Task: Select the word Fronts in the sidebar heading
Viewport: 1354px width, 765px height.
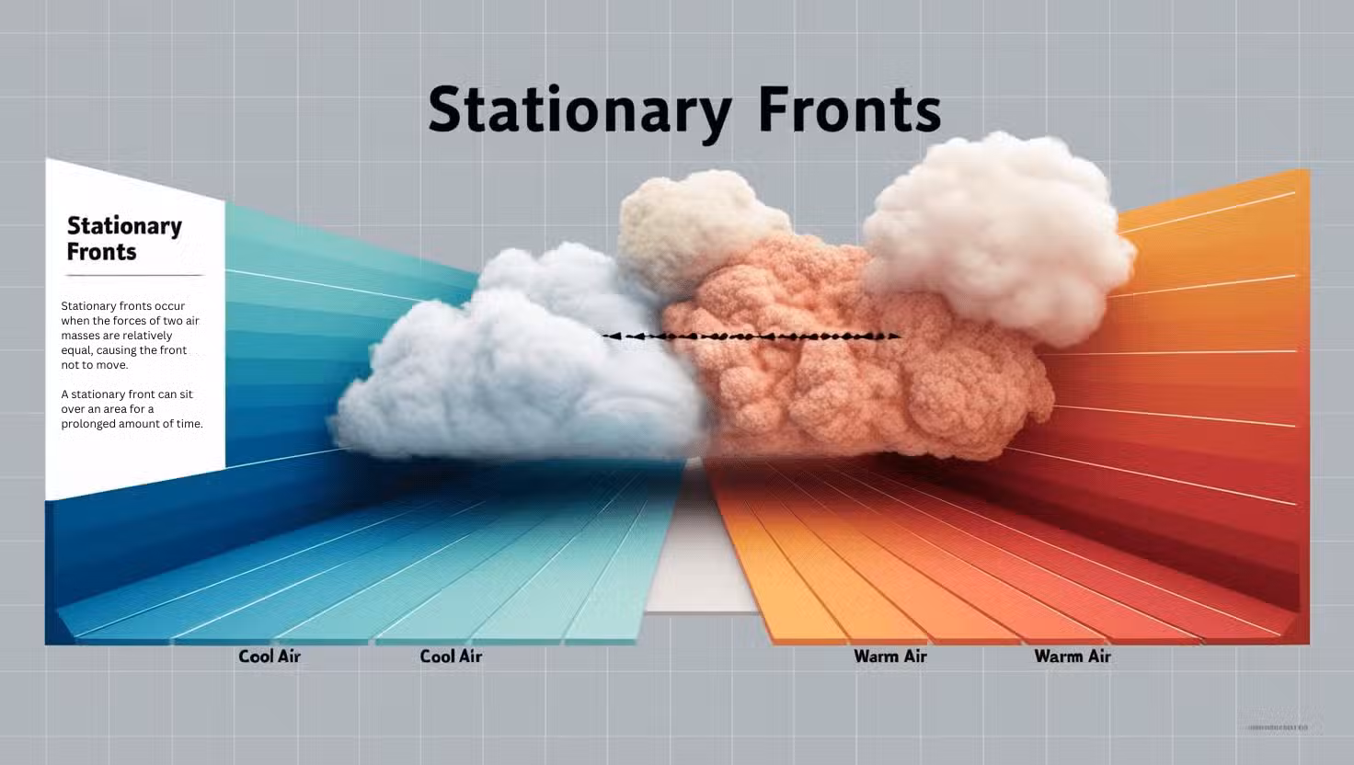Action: click(101, 252)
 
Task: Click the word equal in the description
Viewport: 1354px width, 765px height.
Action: click(76, 350)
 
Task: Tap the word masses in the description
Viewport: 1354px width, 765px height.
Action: click(80, 336)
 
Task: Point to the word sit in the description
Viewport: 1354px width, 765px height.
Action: click(185, 394)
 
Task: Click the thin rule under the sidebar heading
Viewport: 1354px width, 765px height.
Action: click(134, 275)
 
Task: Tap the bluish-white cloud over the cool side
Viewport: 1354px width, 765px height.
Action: click(515, 368)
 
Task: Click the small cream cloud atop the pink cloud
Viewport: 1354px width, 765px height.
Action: click(690, 225)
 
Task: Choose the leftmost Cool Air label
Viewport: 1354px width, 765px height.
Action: click(270, 657)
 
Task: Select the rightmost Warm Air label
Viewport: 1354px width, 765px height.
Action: click(1073, 657)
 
